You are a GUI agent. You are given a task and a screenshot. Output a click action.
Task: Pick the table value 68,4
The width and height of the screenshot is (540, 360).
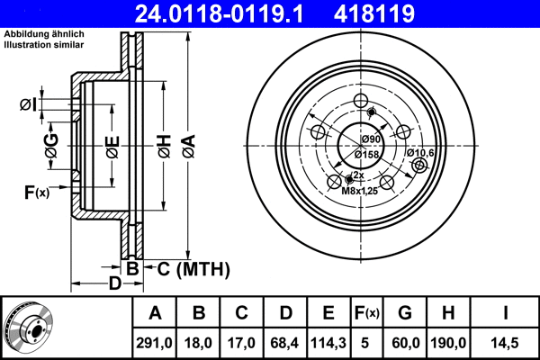tap(285, 341)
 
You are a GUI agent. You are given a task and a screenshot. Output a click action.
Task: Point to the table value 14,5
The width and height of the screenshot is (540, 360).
tap(507, 341)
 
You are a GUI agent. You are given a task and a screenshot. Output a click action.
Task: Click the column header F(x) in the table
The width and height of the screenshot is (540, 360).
tap(367, 313)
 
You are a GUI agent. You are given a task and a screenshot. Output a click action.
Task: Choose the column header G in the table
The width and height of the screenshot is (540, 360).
tap(405, 313)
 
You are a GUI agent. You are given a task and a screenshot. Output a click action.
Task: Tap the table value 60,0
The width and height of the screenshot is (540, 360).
tap(405, 341)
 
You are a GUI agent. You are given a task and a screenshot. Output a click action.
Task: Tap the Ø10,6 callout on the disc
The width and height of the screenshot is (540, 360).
tap(420, 153)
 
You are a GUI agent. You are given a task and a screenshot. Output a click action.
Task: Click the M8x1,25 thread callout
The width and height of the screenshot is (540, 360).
tap(360, 190)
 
